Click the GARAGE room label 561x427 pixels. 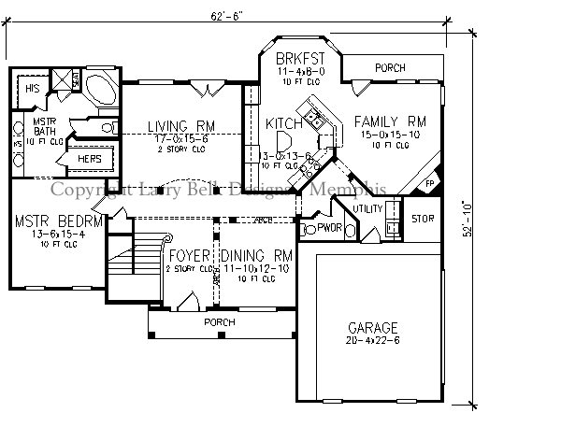pos(373,328)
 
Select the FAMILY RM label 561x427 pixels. pos(390,121)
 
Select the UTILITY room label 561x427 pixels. pos(367,207)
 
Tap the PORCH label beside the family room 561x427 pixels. pos(388,68)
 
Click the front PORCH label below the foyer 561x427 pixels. pos(221,322)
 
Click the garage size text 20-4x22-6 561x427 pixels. pos(373,340)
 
